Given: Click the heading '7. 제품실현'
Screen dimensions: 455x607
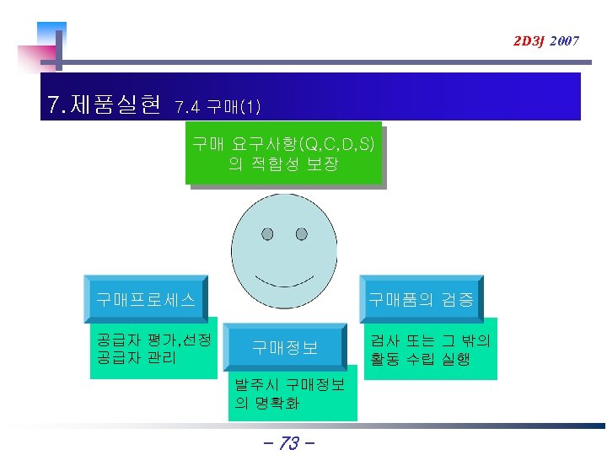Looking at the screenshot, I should point(105,105).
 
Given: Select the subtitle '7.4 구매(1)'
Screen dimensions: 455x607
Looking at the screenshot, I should point(217,107).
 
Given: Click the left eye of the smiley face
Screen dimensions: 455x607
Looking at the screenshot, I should point(267,233).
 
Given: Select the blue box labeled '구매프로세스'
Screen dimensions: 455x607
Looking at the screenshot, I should point(146,299).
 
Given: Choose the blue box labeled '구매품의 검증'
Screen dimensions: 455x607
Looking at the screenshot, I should point(421,299).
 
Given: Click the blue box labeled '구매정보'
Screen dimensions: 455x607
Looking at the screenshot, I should point(285,347).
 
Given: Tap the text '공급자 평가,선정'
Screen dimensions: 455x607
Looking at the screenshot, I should point(153,340).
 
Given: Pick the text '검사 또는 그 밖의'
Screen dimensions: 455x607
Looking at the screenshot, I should point(431,340).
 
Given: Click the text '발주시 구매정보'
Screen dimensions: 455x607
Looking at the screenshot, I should point(289,385).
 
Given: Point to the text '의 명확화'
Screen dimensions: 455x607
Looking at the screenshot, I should point(266,403).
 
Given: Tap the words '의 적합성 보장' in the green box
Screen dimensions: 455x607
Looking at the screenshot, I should point(283,163).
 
